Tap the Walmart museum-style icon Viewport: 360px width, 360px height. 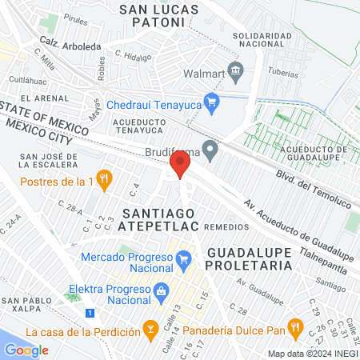point(235,71)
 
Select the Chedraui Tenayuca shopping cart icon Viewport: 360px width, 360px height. point(211,102)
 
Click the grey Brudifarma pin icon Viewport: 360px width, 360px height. point(210,148)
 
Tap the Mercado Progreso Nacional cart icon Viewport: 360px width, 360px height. point(183,258)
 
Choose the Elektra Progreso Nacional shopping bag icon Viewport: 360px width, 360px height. point(161,290)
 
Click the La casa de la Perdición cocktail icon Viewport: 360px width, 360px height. point(149,328)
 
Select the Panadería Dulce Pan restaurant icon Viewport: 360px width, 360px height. point(295,327)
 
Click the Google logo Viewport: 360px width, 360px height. point(26,350)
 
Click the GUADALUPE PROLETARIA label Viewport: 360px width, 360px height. point(254,258)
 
